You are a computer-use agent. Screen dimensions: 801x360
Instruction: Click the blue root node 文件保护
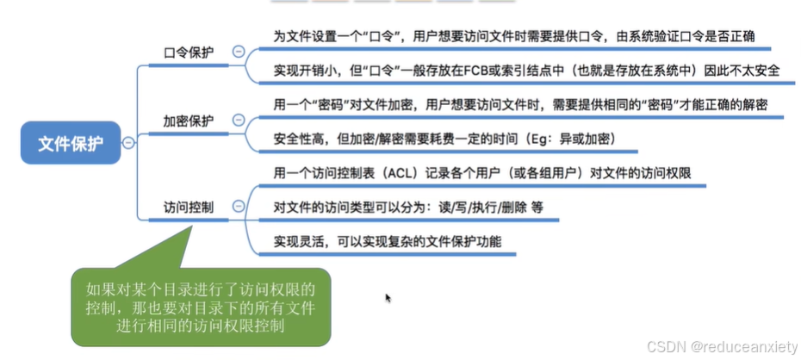tap(71, 143)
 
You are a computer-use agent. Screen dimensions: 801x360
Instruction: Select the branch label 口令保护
tap(189, 53)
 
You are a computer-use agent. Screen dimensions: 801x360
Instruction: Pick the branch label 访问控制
tap(189, 207)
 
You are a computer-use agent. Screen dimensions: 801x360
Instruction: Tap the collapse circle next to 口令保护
tap(238, 53)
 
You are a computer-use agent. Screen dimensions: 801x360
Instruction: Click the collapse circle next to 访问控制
tap(238, 207)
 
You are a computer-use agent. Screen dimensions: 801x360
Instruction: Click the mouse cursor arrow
tap(388, 298)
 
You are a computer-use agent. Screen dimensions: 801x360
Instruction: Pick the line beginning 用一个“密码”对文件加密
tap(521, 104)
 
